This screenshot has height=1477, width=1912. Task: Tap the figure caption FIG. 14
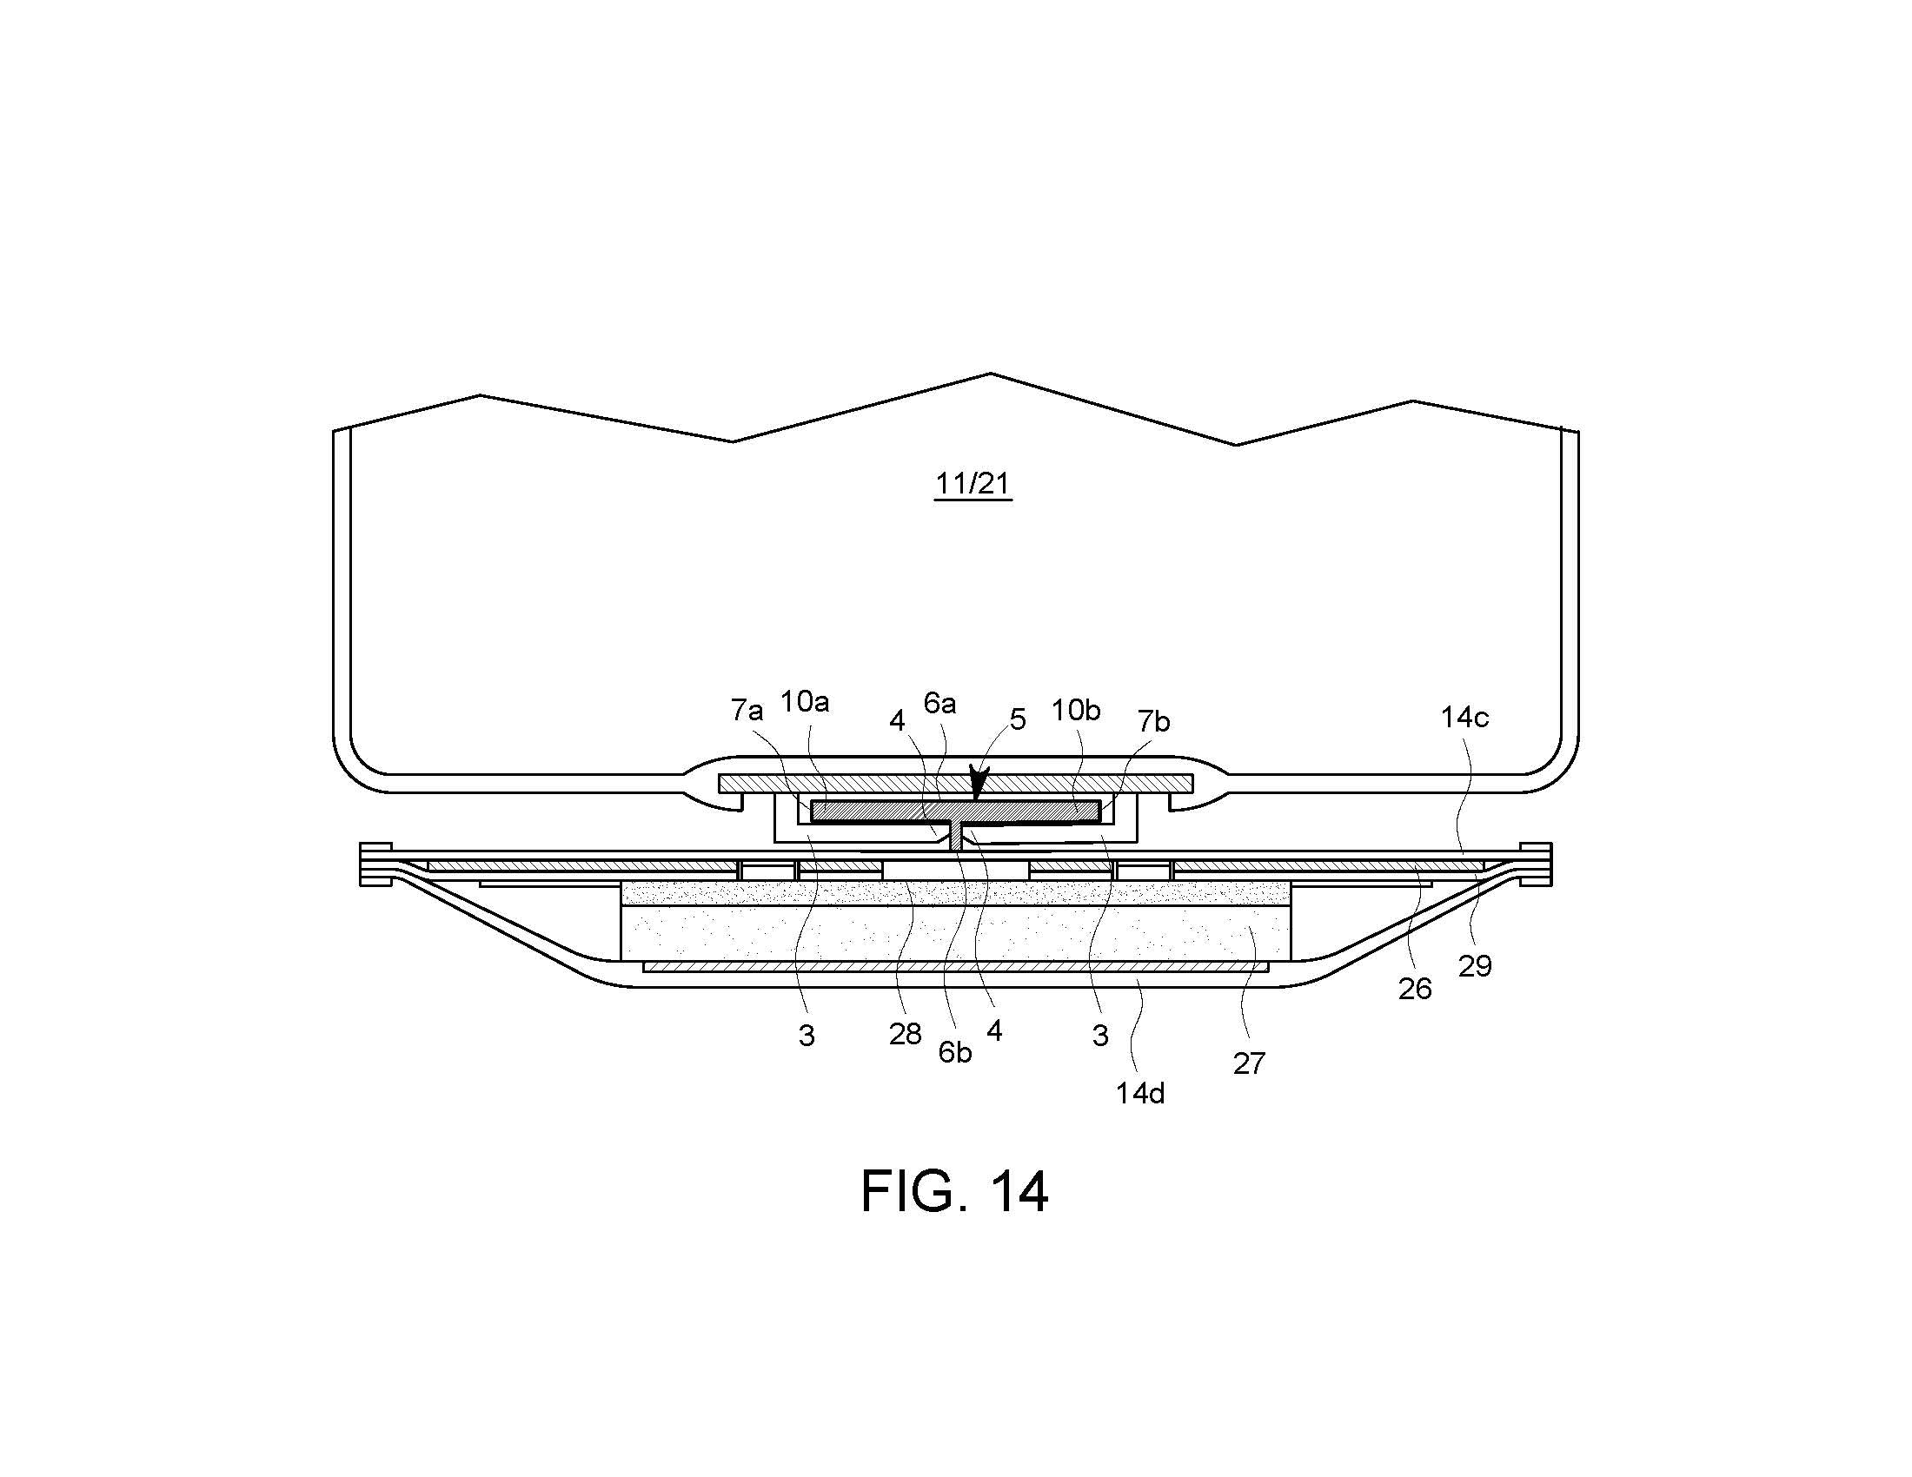[954, 1191]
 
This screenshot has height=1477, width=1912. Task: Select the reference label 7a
[747, 711]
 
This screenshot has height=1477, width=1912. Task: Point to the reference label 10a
[805, 702]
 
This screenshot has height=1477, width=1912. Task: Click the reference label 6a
[940, 703]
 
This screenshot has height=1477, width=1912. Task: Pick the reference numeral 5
[1018, 719]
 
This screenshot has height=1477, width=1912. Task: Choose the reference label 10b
[1076, 710]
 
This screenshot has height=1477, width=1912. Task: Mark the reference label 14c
[1464, 718]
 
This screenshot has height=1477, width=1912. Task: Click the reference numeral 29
[1475, 966]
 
